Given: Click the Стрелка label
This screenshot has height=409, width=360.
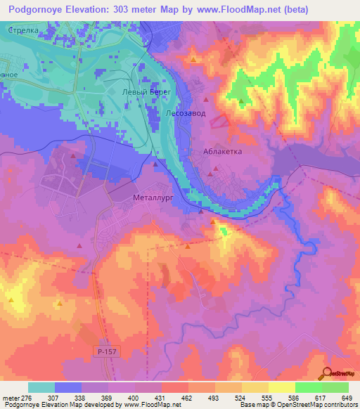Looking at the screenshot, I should point(24,32).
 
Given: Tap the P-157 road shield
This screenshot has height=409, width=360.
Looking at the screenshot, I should point(104,350).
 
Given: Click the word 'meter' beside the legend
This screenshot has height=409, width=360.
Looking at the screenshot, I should point(10,398).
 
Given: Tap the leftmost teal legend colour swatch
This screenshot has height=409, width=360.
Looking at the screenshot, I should point(41,387).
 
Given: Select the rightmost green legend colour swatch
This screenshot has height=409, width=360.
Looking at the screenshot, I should point(335,387).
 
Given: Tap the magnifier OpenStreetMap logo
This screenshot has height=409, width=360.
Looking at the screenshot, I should point(328,372).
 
